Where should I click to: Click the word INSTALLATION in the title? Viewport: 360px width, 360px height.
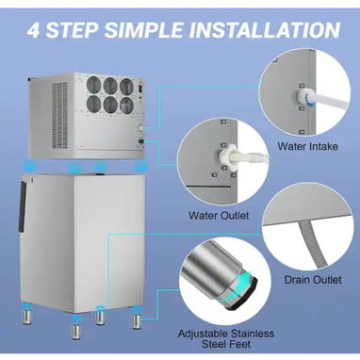click(265, 30)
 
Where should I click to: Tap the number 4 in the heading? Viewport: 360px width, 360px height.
click(33, 30)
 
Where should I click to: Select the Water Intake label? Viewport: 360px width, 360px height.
click(308, 146)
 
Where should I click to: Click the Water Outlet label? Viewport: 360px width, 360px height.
click(219, 216)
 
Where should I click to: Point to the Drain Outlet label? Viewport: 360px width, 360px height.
click(313, 280)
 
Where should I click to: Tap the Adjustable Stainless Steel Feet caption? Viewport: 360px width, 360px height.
click(226, 338)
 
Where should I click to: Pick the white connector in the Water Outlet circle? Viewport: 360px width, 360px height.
click(226, 156)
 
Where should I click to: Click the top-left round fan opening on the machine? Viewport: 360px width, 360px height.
click(93, 85)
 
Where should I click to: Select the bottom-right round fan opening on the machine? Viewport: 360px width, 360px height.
click(126, 106)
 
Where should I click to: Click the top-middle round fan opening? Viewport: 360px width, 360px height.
click(110, 86)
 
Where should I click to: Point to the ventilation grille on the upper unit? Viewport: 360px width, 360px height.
click(59, 115)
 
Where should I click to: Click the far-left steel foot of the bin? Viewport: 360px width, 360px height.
click(26, 316)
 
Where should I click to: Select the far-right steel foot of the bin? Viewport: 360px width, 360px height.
click(137, 319)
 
